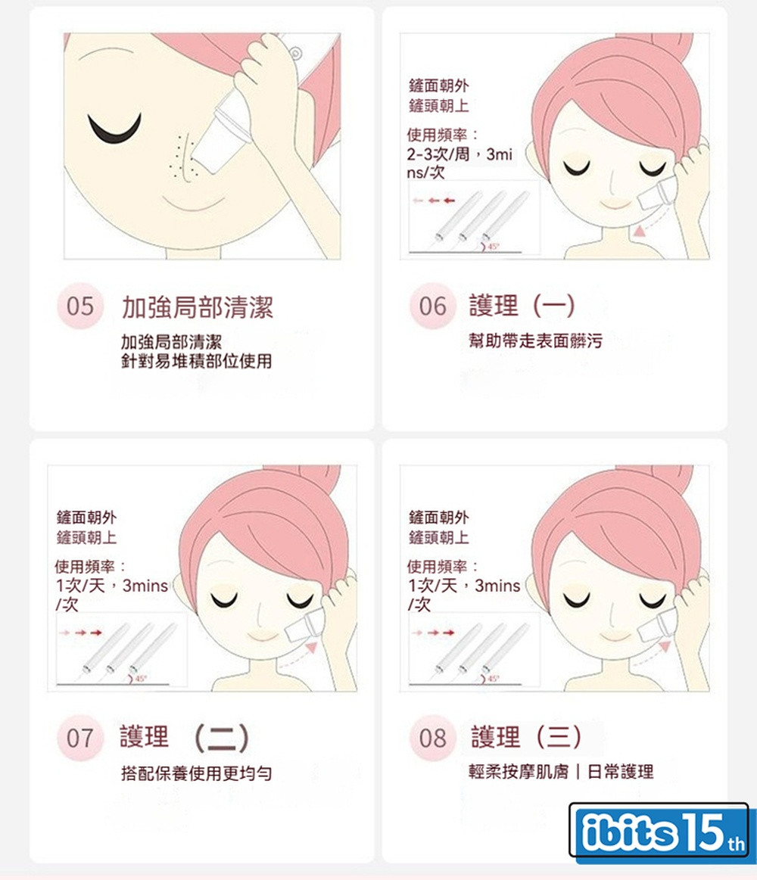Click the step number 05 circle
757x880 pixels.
[80, 306]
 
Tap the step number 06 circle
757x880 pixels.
[432, 306]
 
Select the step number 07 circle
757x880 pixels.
[80, 738]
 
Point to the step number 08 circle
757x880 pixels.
[432, 738]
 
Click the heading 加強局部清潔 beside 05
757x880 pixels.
[198, 307]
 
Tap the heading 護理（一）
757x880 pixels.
[522, 305]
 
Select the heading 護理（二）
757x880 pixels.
[185, 738]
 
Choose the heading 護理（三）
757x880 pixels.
[526, 737]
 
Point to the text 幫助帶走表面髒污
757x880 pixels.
[536, 340]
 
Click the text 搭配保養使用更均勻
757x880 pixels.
[197, 773]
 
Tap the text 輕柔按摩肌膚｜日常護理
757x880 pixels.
[561, 772]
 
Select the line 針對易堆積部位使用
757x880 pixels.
[197, 361]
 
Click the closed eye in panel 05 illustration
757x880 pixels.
[114, 127]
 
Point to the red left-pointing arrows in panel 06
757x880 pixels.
[434, 201]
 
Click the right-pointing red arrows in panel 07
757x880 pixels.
[81, 633]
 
